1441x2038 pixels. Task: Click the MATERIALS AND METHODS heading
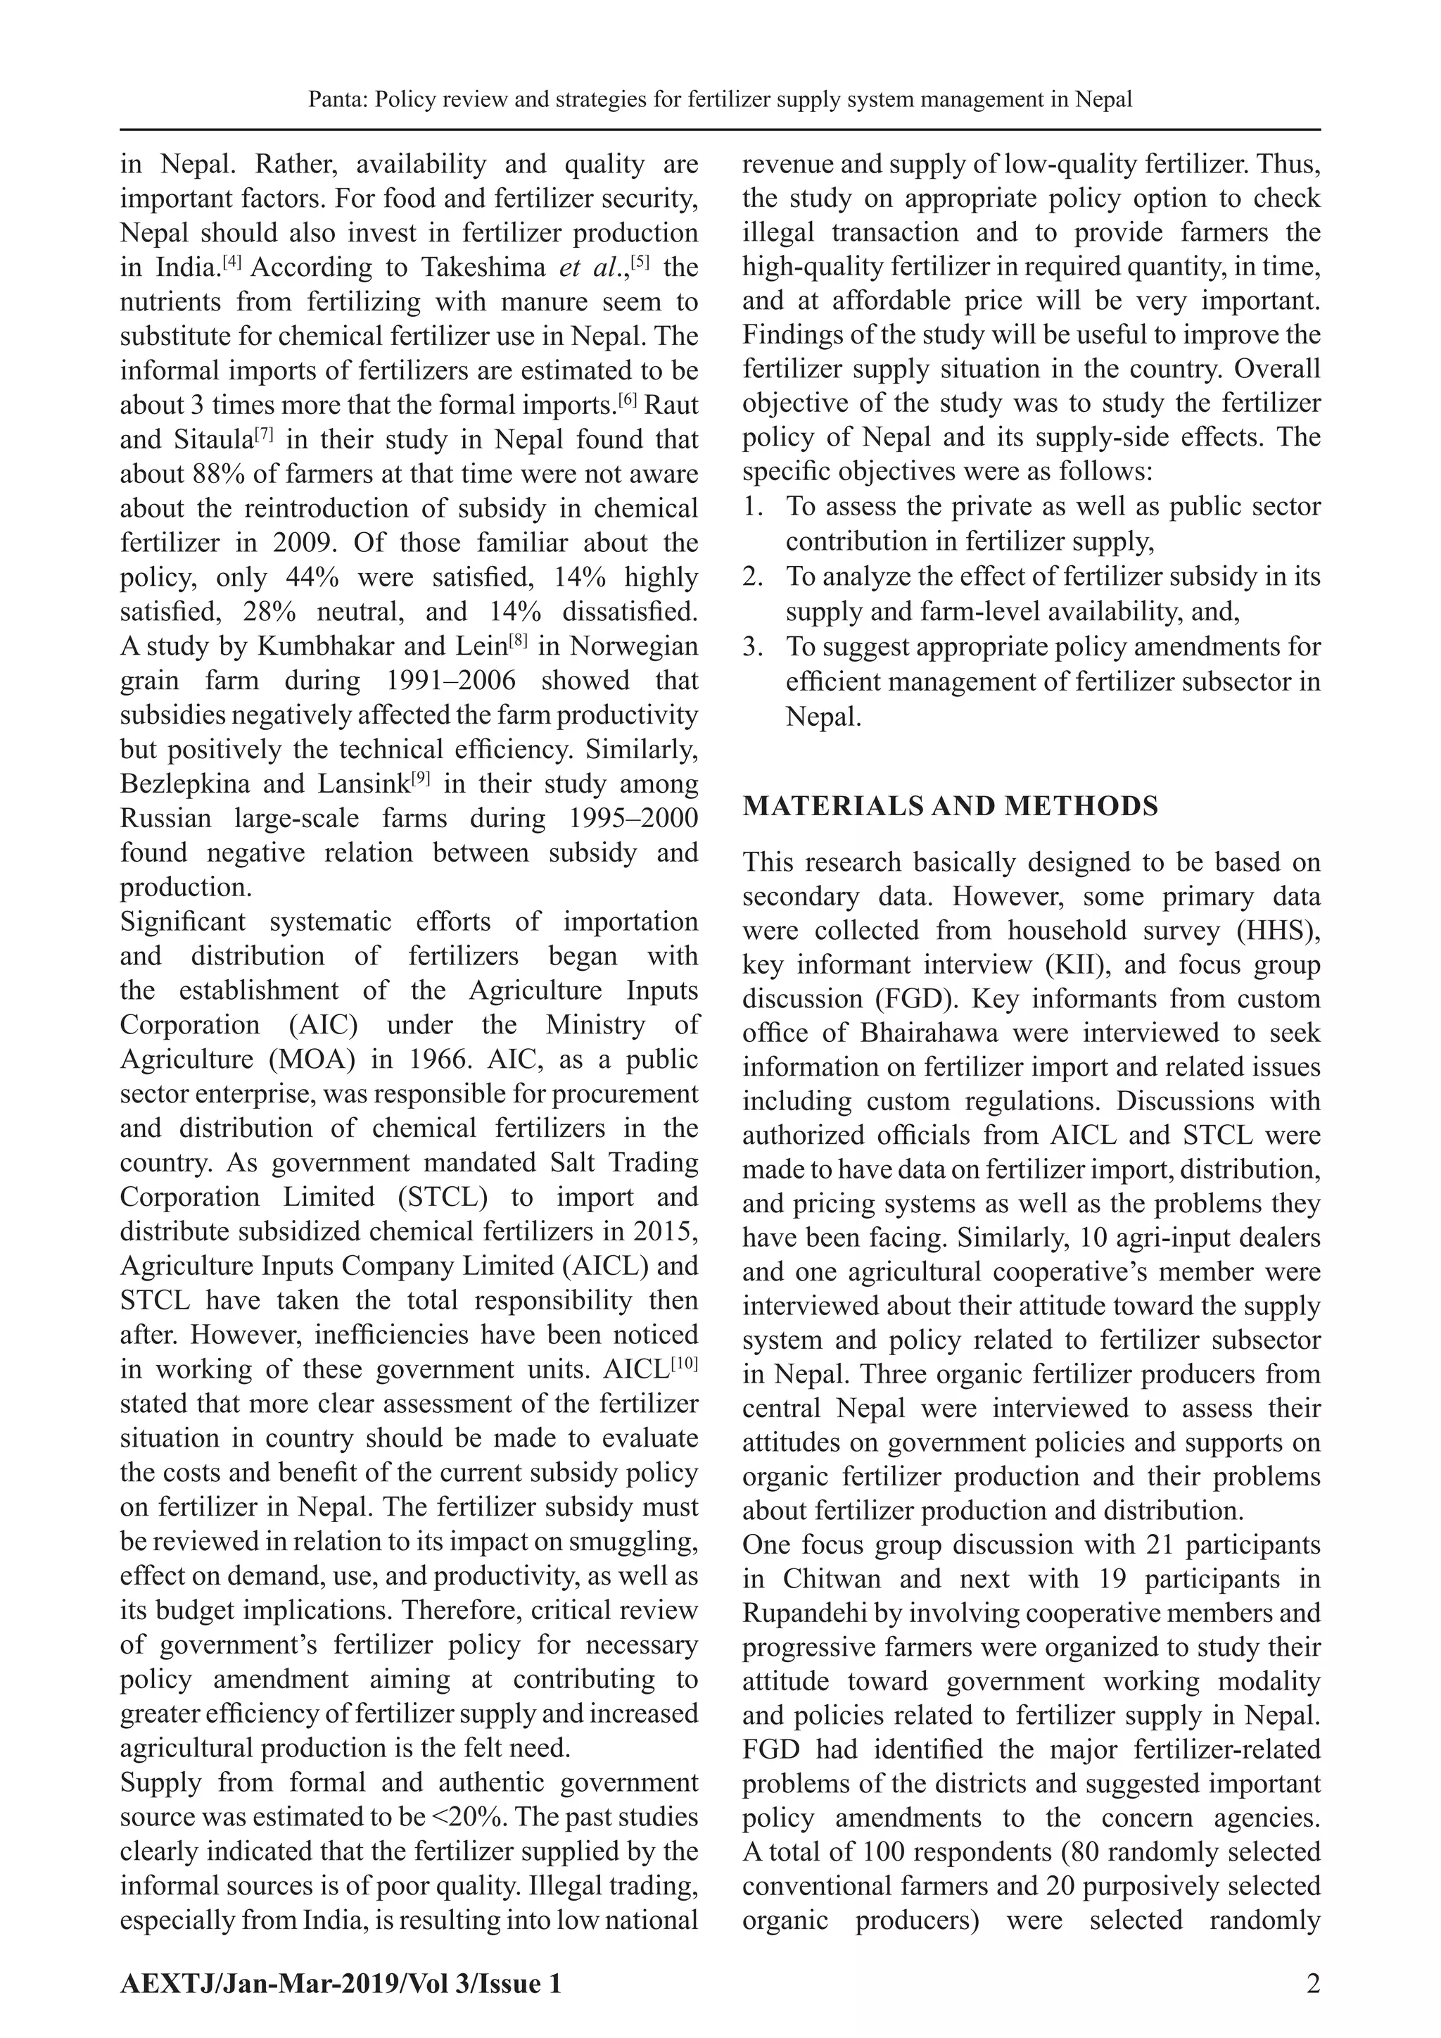tap(951, 806)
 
